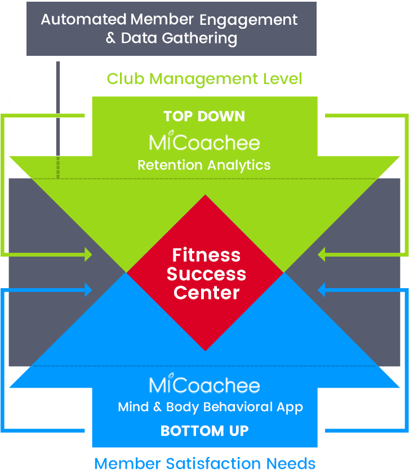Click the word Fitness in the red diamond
tap(206, 255)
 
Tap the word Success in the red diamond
tap(206, 274)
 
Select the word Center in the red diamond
tap(206, 293)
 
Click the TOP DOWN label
tap(204, 117)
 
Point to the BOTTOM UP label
tap(204, 431)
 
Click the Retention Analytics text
tap(204, 165)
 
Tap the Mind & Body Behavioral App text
tap(210, 407)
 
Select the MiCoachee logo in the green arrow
tap(204, 142)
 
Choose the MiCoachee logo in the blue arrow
tap(204, 385)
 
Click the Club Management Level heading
tap(204, 78)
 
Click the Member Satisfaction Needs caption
tap(204, 463)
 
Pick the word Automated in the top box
tap(83, 19)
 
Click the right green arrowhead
tap(322, 255)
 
